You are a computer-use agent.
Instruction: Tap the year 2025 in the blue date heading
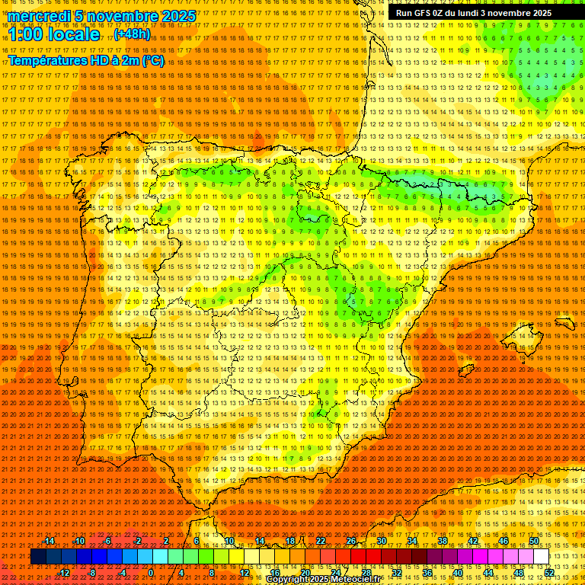pyautogui.click(x=177, y=16)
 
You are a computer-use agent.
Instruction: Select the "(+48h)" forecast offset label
pyautogui.click(x=132, y=34)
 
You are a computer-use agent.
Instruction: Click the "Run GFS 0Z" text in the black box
pyautogui.click(x=421, y=13)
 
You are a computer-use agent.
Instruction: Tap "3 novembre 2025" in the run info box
pyautogui.click(x=516, y=13)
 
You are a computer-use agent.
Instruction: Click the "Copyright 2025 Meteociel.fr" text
pyautogui.click(x=334, y=580)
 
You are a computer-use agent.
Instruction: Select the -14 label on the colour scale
pyautogui.click(x=50, y=541)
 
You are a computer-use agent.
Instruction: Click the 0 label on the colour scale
pyautogui.click(x=151, y=572)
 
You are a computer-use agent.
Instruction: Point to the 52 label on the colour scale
pyautogui.click(x=549, y=572)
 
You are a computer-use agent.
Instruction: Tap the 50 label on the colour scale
pyautogui.click(x=534, y=541)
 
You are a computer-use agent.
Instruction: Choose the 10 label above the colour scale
pyautogui.click(x=229, y=541)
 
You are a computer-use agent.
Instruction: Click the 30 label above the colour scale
pyautogui.click(x=382, y=541)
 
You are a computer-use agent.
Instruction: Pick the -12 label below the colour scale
pyautogui.click(x=63, y=572)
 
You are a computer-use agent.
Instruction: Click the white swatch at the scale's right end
pyautogui.click(x=542, y=556)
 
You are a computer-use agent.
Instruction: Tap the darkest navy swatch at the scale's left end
pyautogui.click(x=38, y=556)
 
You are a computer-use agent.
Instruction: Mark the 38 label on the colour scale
pyautogui.click(x=443, y=541)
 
